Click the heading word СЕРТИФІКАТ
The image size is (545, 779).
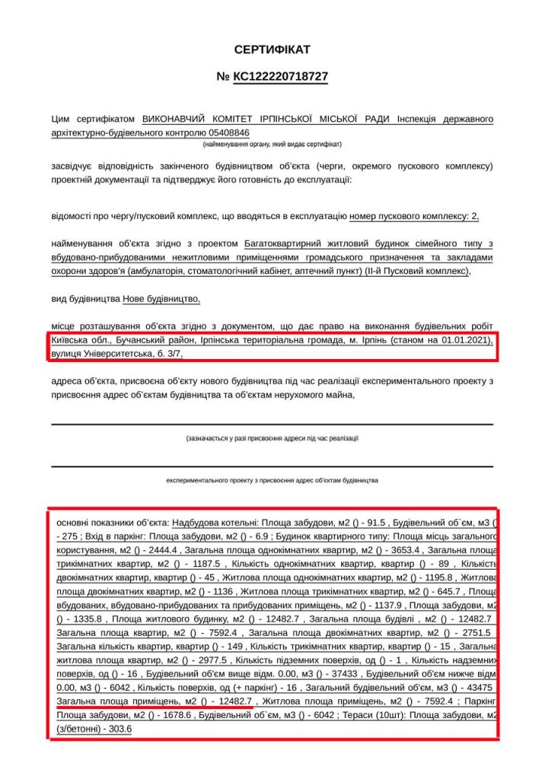(272, 49)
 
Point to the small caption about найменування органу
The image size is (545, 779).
(272, 144)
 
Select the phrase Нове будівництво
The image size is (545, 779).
(161, 299)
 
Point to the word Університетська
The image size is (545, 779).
(117, 354)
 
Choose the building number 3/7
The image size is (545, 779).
(174, 354)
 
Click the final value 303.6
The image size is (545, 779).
(120, 729)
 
